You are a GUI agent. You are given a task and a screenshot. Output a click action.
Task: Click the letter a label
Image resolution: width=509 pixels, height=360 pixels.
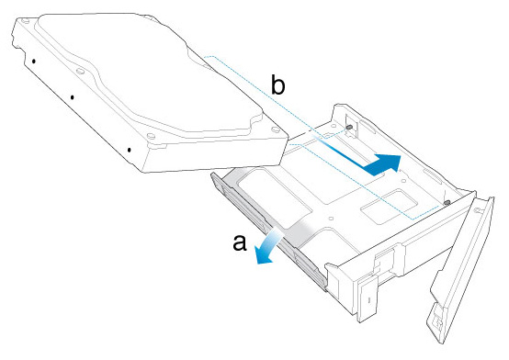[x=240, y=243]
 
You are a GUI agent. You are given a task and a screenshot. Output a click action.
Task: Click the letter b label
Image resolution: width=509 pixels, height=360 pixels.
[x=277, y=86]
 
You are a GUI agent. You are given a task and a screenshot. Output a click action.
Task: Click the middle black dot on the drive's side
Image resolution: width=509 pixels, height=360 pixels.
[x=73, y=97]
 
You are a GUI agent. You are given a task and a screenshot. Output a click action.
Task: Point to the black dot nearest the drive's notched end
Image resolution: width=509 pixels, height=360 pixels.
[x=34, y=61]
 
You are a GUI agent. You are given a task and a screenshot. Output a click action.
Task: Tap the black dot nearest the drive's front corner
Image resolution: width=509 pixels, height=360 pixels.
[x=130, y=150]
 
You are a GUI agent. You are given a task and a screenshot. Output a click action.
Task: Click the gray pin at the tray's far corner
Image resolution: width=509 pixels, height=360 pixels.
[x=349, y=128]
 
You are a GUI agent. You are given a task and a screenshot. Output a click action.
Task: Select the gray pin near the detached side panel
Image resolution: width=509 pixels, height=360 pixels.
[x=447, y=203]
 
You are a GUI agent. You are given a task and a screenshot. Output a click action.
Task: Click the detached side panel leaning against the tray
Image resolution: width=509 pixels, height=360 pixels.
[x=461, y=269]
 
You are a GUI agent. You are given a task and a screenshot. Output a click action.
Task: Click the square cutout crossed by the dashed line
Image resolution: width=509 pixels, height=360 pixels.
[x=388, y=207]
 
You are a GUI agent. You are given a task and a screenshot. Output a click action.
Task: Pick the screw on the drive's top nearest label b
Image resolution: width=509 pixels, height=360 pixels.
[x=276, y=129]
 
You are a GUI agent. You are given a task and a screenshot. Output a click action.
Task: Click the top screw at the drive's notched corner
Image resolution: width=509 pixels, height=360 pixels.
[x=23, y=22]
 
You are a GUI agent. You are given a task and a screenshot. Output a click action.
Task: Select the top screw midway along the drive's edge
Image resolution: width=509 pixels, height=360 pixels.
[x=81, y=71]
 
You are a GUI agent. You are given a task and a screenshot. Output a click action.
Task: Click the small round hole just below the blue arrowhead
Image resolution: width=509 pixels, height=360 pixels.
[x=403, y=181]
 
